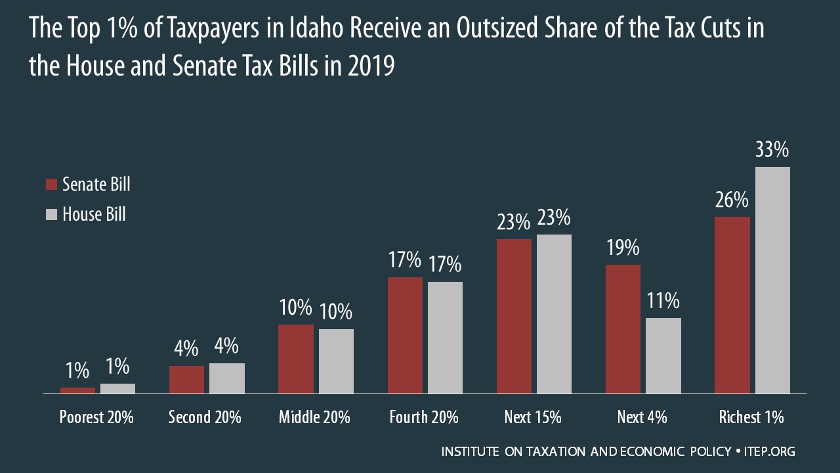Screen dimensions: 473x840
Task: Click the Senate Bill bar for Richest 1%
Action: (x=732, y=305)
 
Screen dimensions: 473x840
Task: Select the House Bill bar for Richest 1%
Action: (x=772, y=280)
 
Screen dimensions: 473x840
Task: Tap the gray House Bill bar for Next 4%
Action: (x=663, y=355)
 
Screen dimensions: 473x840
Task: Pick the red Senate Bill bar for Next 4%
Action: (x=623, y=329)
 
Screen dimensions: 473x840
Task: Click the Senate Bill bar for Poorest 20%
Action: (x=77, y=390)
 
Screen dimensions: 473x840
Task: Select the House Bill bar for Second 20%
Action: (x=227, y=378)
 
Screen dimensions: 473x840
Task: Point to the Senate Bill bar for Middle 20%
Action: (x=296, y=359)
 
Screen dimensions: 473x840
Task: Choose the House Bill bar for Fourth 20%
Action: (x=445, y=338)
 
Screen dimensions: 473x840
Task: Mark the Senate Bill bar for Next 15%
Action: (x=514, y=316)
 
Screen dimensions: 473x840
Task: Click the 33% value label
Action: (x=772, y=150)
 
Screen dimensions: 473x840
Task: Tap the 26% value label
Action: (x=732, y=200)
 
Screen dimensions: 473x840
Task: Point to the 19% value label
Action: (x=623, y=248)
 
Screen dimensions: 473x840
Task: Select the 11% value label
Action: (x=663, y=301)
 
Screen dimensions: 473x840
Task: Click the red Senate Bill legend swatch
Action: (x=52, y=185)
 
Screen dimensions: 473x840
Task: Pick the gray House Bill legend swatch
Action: (x=52, y=214)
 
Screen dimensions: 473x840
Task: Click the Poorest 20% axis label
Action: (x=96, y=417)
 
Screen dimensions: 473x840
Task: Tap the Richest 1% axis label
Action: (x=751, y=417)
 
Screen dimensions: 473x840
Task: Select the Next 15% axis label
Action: (x=533, y=417)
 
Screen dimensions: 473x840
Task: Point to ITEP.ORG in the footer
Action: (x=770, y=452)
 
